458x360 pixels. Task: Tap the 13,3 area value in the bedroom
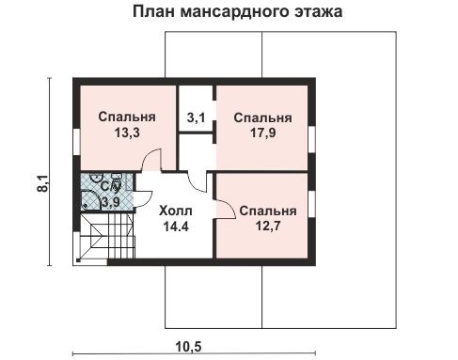point(126,133)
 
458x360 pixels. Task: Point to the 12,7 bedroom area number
point(267,227)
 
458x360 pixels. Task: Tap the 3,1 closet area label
point(197,118)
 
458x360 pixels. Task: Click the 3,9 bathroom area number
point(110,201)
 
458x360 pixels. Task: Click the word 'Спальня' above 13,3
point(126,117)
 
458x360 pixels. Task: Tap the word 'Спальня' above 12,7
point(267,211)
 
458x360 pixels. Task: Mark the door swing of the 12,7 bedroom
point(227,209)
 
